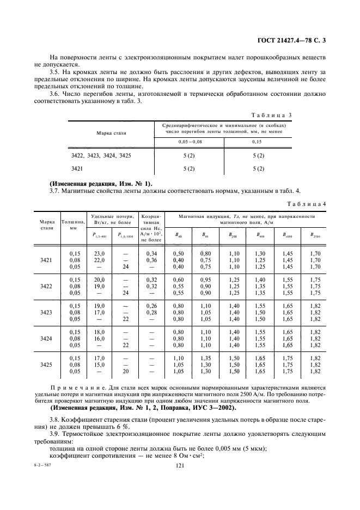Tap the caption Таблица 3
click(272, 114)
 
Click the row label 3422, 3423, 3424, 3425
click(101, 156)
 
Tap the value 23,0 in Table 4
click(99, 253)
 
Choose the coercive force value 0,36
click(150, 260)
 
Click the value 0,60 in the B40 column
click(178, 280)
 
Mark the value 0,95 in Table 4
click(206, 280)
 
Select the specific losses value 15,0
click(99, 365)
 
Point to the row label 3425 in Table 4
click(46, 365)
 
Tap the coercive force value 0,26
click(150, 306)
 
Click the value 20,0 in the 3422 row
click(99, 280)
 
